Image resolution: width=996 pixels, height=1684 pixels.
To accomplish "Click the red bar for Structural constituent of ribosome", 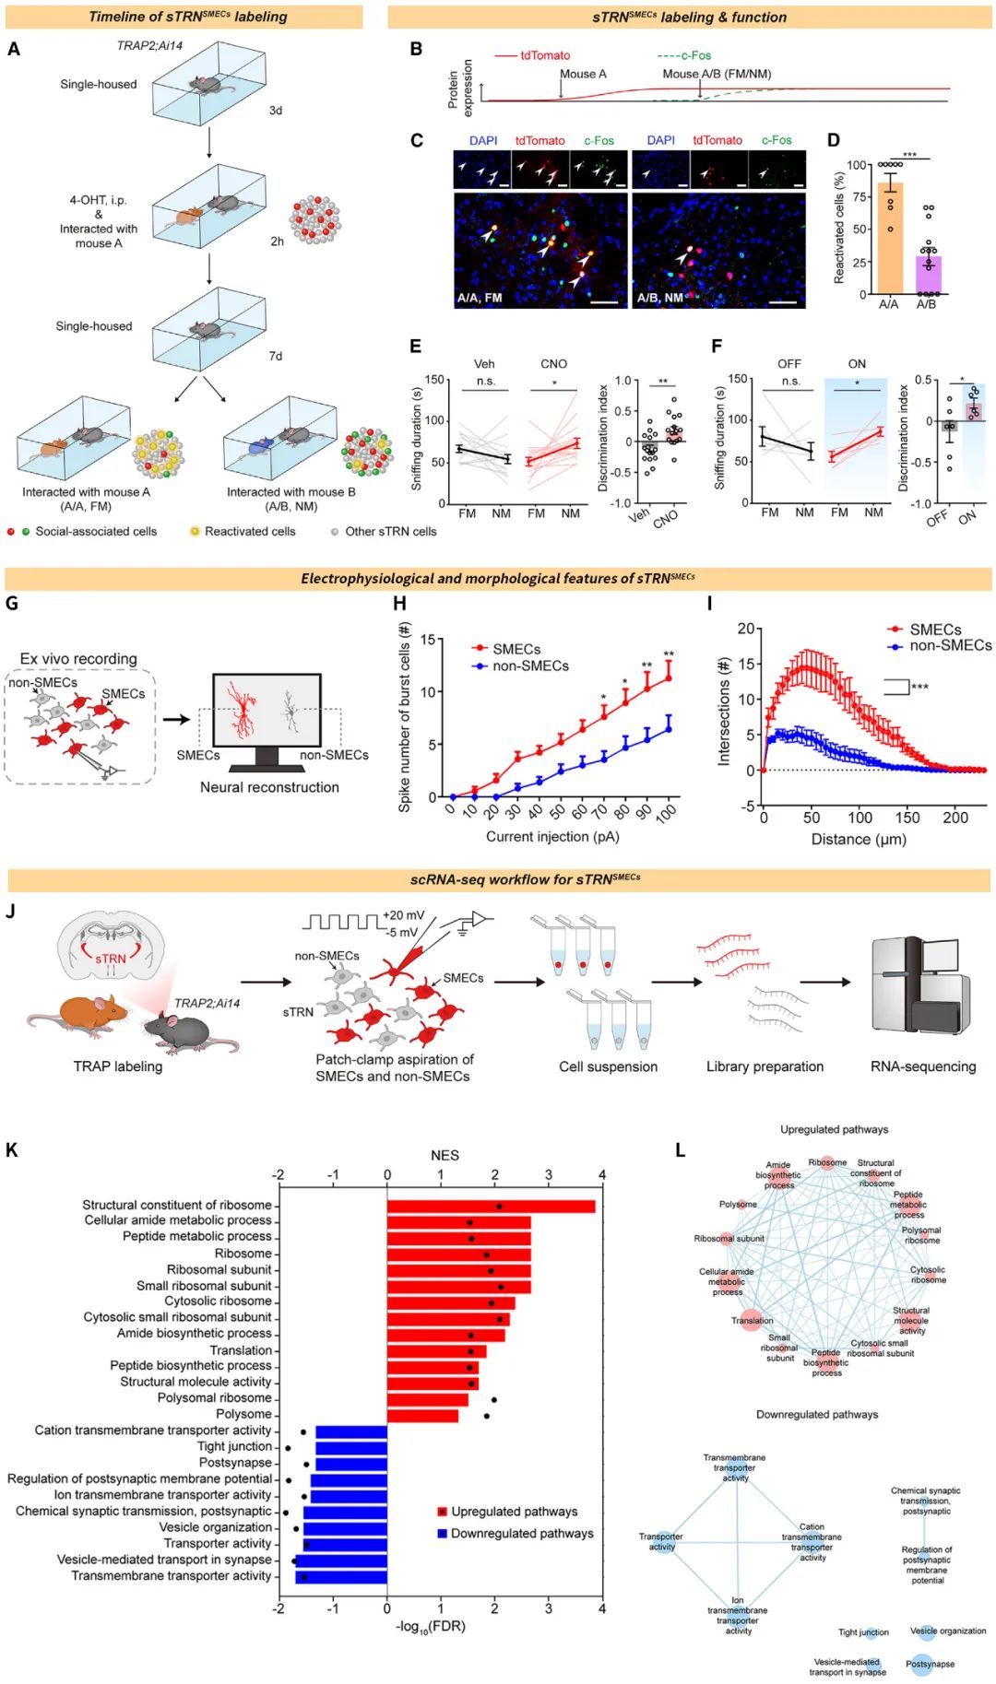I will [x=491, y=1206].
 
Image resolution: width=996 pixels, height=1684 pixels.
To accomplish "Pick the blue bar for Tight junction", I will [x=350, y=1447].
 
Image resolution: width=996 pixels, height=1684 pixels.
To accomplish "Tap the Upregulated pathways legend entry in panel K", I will [x=514, y=1512].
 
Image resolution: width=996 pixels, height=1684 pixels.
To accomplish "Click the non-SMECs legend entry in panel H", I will [x=530, y=665].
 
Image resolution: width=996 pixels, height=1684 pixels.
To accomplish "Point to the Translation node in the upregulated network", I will [x=752, y=1320].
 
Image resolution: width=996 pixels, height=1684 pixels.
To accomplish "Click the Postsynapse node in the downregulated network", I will [x=929, y=1664].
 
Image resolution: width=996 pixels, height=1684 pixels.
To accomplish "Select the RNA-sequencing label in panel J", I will [x=922, y=1066].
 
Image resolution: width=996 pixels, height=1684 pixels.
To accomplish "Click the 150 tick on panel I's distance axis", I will [x=907, y=818].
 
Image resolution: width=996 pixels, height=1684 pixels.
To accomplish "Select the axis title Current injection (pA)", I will [x=552, y=837].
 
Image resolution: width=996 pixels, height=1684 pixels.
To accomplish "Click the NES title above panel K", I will [x=445, y=1155].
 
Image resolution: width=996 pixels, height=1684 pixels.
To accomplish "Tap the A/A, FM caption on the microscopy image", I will [x=480, y=298].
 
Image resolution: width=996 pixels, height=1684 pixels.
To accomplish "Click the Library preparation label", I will [x=765, y=1066].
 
